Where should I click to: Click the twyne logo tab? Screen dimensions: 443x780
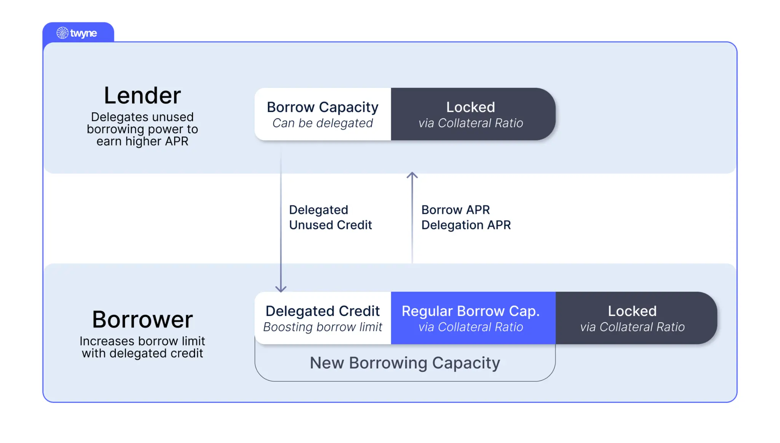click(x=78, y=33)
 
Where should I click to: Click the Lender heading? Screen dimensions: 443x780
click(x=142, y=95)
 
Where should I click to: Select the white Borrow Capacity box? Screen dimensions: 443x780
click(x=323, y=114)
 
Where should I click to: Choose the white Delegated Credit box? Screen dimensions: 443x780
click(x=323, y=318)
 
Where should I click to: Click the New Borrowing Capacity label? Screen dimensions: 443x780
click(x=405, y=363)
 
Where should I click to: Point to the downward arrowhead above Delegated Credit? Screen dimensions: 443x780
click(x=281, y=289)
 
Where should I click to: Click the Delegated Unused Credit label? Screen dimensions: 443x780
click(x=330, y=217)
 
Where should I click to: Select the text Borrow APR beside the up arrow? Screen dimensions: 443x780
click(x=456, y=210)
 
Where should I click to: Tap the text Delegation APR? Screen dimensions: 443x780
click(x=466, y=225)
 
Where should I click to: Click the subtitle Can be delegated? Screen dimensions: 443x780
click(x=323, y=123)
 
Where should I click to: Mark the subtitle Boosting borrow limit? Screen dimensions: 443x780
click(x=323, y=327)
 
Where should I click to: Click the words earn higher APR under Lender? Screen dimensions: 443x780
click(x=142, y=141)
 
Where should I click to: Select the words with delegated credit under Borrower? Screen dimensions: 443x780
click(x=142, y=353)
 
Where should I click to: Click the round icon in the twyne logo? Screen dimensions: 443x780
click(x=62, y=33)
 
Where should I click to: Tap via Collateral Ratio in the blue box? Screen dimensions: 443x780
click(x=471, y=327)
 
